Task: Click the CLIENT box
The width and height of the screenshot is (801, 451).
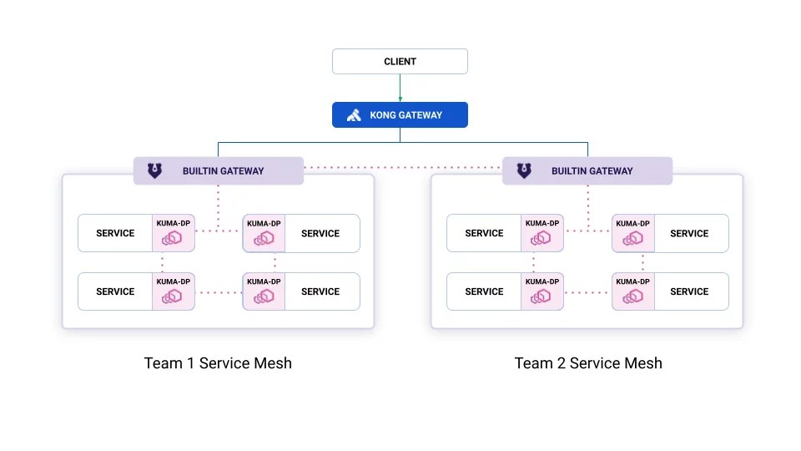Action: click(400, 62)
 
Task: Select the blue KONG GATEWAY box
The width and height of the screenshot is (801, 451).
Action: click(400, 115)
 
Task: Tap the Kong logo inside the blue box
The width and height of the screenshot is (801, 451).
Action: click(354, 115)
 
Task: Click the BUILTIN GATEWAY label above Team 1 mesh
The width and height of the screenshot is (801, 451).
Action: click(223, 171)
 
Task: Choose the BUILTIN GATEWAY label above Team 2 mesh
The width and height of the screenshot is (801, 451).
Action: click(592, 171)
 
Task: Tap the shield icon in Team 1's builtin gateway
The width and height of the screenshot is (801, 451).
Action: click(154, 171)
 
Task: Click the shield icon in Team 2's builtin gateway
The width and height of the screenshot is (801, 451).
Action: click(523, 171)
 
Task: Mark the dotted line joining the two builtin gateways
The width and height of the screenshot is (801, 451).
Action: click(403, 168)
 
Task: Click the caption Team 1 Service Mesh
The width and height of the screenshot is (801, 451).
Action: click(218, 363)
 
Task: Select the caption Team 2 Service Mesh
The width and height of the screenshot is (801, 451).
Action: click(588, 363)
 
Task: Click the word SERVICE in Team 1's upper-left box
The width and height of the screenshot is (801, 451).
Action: click(115, 234)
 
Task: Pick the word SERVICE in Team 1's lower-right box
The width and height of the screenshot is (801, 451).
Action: click(320, 292)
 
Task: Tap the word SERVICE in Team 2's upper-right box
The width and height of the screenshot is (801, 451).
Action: click(689, 234)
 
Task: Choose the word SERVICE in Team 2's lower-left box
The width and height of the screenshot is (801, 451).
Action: click(484, 292)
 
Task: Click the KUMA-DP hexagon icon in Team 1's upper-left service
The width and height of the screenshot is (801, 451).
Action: click(172, 239)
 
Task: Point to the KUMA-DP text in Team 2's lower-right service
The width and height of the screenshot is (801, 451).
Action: click(632, 281)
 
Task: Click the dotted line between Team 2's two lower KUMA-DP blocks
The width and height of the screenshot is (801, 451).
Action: click(587, 292)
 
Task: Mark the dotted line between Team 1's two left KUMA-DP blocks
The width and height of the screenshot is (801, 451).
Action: click(163, 262)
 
